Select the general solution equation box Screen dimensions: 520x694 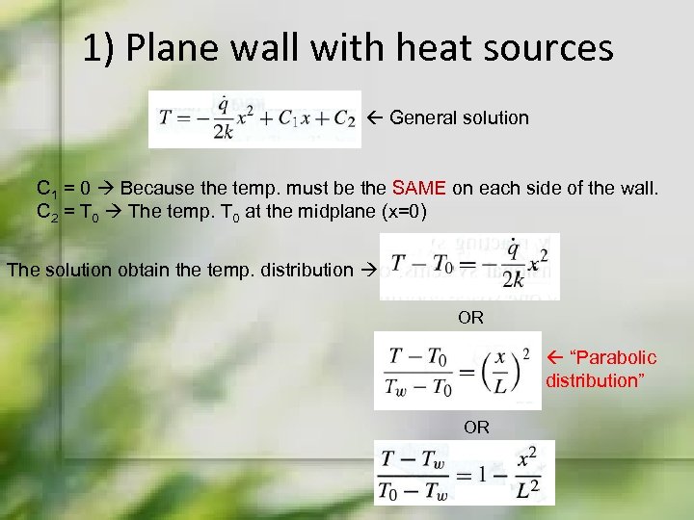coord(254,119)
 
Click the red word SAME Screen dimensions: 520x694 coord(416,186)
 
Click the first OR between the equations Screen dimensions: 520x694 coord(470,317)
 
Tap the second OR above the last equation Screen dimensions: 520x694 coord(476,427)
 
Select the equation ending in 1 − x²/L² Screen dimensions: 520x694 coord(465,472)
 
